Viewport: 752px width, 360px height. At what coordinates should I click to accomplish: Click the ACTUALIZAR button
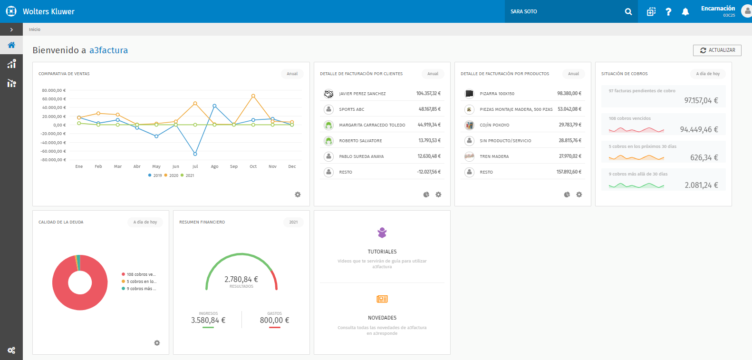click(717, 50)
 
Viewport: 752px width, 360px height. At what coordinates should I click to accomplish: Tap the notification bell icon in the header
click(685, 12)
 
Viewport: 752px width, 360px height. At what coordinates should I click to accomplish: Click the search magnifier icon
click(628, 12)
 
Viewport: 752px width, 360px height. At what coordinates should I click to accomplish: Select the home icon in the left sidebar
click(11, 45)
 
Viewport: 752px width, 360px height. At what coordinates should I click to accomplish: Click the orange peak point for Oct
click(253, 96)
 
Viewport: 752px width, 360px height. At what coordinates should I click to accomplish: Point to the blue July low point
click(195, 154)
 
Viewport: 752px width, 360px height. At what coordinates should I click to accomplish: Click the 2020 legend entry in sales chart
click(172, 175)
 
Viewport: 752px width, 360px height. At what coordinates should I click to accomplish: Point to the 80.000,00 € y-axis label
click(54, 90)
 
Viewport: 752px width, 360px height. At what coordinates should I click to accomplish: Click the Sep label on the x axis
click(234, 166)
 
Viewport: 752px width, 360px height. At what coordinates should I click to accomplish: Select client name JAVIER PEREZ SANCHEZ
click(362, 94)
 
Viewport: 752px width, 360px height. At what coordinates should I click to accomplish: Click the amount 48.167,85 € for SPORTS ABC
click(429, 109)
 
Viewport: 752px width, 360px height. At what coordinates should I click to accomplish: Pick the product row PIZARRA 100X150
click(497, 94)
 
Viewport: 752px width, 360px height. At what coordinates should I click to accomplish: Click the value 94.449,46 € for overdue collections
click(699, 129)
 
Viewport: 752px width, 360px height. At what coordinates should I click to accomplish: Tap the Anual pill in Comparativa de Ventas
click(292, 74)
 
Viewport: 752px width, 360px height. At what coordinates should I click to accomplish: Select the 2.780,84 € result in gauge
click(241, 280)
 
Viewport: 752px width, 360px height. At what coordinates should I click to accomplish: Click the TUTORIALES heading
click(382, 252)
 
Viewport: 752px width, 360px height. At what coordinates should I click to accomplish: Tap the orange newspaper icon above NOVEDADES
click(382, 299)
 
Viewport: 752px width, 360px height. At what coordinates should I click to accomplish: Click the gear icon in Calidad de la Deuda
click(157, 343)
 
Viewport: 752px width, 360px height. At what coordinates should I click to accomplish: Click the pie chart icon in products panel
click(567, 195)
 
